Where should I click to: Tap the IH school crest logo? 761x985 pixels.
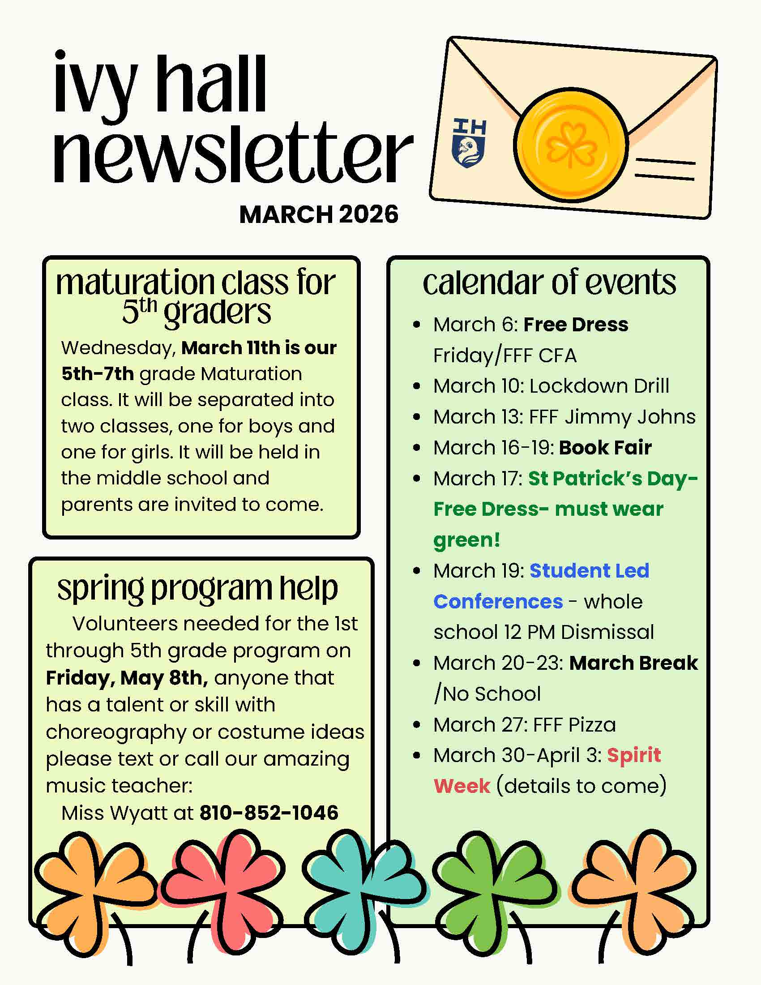(469, 143)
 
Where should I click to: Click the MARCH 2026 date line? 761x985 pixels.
(319, 214)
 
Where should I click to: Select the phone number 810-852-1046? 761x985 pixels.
(269, 813)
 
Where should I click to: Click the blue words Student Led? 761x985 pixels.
(589, 570)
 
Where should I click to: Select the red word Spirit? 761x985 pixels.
(633, 755)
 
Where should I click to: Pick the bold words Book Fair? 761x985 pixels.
(605, 447)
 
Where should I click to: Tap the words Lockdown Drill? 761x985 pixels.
(599, 386)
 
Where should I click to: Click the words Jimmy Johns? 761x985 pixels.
(630, 417)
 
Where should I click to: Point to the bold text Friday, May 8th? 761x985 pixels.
(127, 678)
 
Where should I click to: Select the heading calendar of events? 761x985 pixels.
(549, 283)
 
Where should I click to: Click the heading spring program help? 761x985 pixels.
(197, 588)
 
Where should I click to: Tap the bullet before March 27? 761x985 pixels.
(417, 725)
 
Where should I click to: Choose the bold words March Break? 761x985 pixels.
(633, 663)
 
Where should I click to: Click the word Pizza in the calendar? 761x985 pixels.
(591, 725)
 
